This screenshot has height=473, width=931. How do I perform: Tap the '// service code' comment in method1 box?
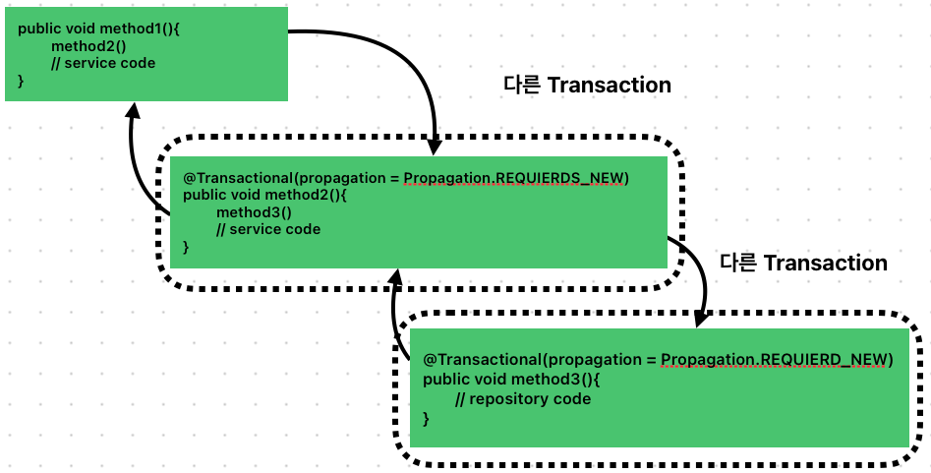click(x=103, y=63)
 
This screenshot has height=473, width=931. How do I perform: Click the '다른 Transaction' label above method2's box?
click(x=587, y=86)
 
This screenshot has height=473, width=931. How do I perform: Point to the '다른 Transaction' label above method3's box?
click(x=803, y=264)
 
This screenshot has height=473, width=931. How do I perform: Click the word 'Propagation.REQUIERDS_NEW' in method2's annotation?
click(x=515, y=177)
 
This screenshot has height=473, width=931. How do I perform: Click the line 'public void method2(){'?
click(x=265, y=195)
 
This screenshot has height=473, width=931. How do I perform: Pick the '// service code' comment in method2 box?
click(x=268, y=230)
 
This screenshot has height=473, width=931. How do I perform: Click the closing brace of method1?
click(x=21, y=81)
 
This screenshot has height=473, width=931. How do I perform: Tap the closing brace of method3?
click(x=427, y=419)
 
